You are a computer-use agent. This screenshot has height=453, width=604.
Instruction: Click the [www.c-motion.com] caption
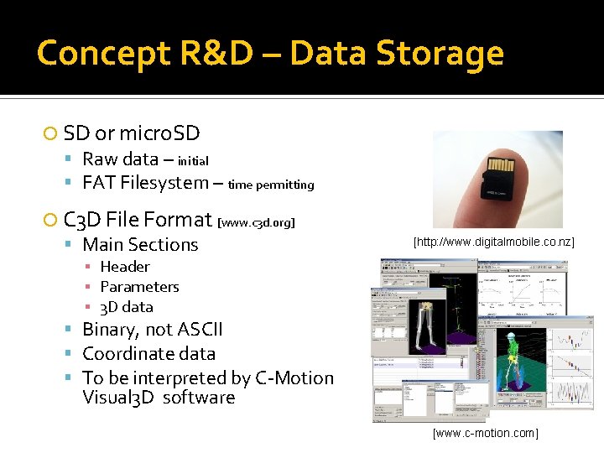pos(485,434)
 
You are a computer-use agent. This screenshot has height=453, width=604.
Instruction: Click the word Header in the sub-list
pos(125,267)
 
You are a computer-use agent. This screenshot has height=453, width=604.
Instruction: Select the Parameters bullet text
pos(139,287)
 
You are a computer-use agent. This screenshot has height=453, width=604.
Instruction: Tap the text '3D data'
pos(127,307)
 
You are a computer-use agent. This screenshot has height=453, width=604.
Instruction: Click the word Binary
pos(110,330)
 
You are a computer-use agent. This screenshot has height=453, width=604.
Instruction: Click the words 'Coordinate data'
pos(148,354)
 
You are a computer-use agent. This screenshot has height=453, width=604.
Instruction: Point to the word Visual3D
pos(120,398)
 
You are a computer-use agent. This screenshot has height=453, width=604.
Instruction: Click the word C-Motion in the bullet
pos(294,378)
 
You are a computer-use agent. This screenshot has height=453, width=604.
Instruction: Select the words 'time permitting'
pos(271,185)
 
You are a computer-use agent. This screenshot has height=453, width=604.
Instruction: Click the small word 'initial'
pos(193,160)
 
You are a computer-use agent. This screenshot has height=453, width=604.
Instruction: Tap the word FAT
pos(99,183)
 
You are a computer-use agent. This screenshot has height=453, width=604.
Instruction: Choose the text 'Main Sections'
pos(140,245)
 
